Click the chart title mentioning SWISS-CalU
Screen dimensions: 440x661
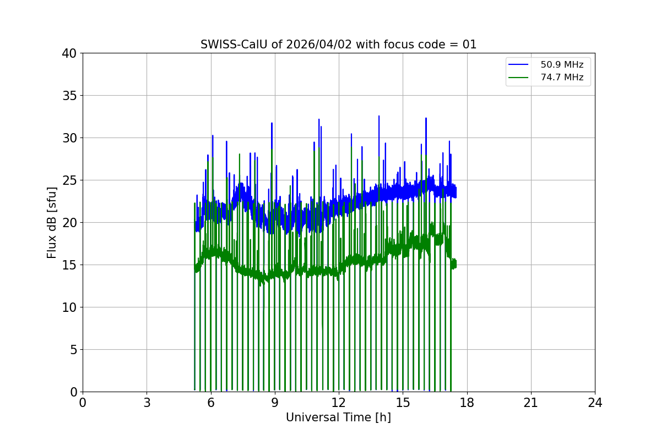(x=338, y=45)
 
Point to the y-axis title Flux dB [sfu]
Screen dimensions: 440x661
(x=52, y=222)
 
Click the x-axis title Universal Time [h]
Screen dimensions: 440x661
(x=338, y=417)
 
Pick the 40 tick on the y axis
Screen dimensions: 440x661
(x=70, y=53)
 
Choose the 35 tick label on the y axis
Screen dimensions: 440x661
(x=70, y=96)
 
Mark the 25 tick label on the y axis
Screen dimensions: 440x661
(x=70, y=180)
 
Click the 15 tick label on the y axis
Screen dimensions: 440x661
(x=70, y=265)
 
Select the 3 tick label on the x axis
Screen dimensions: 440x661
(x=147, y=403)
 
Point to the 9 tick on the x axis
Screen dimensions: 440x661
(x=275, y=403)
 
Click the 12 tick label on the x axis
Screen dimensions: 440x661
(x=339, y=403)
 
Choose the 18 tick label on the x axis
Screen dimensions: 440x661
(x=467, y=403)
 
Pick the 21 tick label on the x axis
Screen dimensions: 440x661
(x=531, y=403)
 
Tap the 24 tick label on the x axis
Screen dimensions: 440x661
(x=595, y=403)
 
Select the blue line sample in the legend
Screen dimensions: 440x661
(x=519, y=65)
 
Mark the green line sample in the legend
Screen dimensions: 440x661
(x=519, y=78)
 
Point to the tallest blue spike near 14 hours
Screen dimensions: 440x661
(x=379, y=117)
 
